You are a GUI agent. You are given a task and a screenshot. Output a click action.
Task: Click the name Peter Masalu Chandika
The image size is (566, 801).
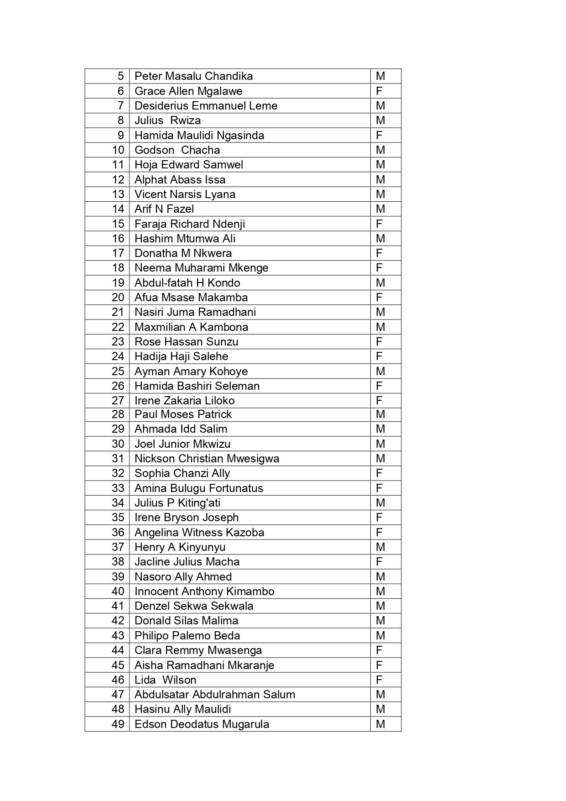[x=193, y=76]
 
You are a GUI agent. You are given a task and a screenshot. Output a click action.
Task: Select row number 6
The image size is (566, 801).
[x=120, y=91]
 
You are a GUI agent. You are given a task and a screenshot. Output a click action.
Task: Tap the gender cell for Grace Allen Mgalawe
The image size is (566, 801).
[x=379, y=91]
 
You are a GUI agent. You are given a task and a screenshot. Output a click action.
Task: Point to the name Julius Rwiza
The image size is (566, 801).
[x=167, y=120]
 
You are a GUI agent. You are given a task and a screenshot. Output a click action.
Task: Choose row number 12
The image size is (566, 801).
[x=118, y=180]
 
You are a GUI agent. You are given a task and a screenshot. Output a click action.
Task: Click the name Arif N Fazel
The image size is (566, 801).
[x=164, y=209]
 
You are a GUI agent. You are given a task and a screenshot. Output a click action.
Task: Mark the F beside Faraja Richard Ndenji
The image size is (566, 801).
[x=379, y=224]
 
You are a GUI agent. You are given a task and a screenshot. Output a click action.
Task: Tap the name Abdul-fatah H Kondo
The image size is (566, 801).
[x=187, y=283]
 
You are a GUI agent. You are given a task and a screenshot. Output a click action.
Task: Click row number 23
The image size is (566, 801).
[x=118, y=342]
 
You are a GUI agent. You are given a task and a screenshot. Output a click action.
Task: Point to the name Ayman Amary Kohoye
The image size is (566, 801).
[x=191, y=372]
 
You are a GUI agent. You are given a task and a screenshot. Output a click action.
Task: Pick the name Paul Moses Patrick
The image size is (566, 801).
[x=183, y=414]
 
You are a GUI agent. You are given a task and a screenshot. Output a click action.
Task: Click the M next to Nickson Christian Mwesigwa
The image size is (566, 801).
[x=380, y=459]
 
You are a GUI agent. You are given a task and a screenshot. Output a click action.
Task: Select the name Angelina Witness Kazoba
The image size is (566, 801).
[x=199, y=533]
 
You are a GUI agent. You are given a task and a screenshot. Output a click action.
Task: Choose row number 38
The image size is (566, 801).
[x=118, y=562]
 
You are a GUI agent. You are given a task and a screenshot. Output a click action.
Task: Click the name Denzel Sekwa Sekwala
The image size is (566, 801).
[x=194, y=606]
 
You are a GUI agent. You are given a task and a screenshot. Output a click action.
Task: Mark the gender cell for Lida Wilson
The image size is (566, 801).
[x=379, y=680]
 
